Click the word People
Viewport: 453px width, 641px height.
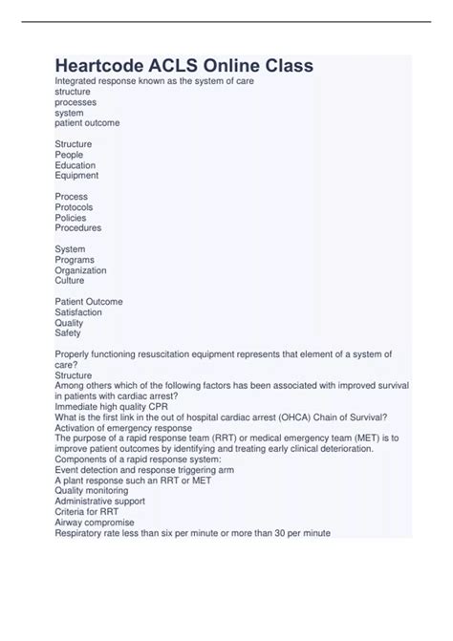pos(70,155)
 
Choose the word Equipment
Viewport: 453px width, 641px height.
pos(76,176)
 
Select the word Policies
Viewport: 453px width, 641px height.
pos(71,218)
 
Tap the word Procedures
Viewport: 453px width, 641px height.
pos(78,228)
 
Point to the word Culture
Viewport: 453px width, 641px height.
pos(70,281)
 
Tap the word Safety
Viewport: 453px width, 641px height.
pos(68,333)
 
